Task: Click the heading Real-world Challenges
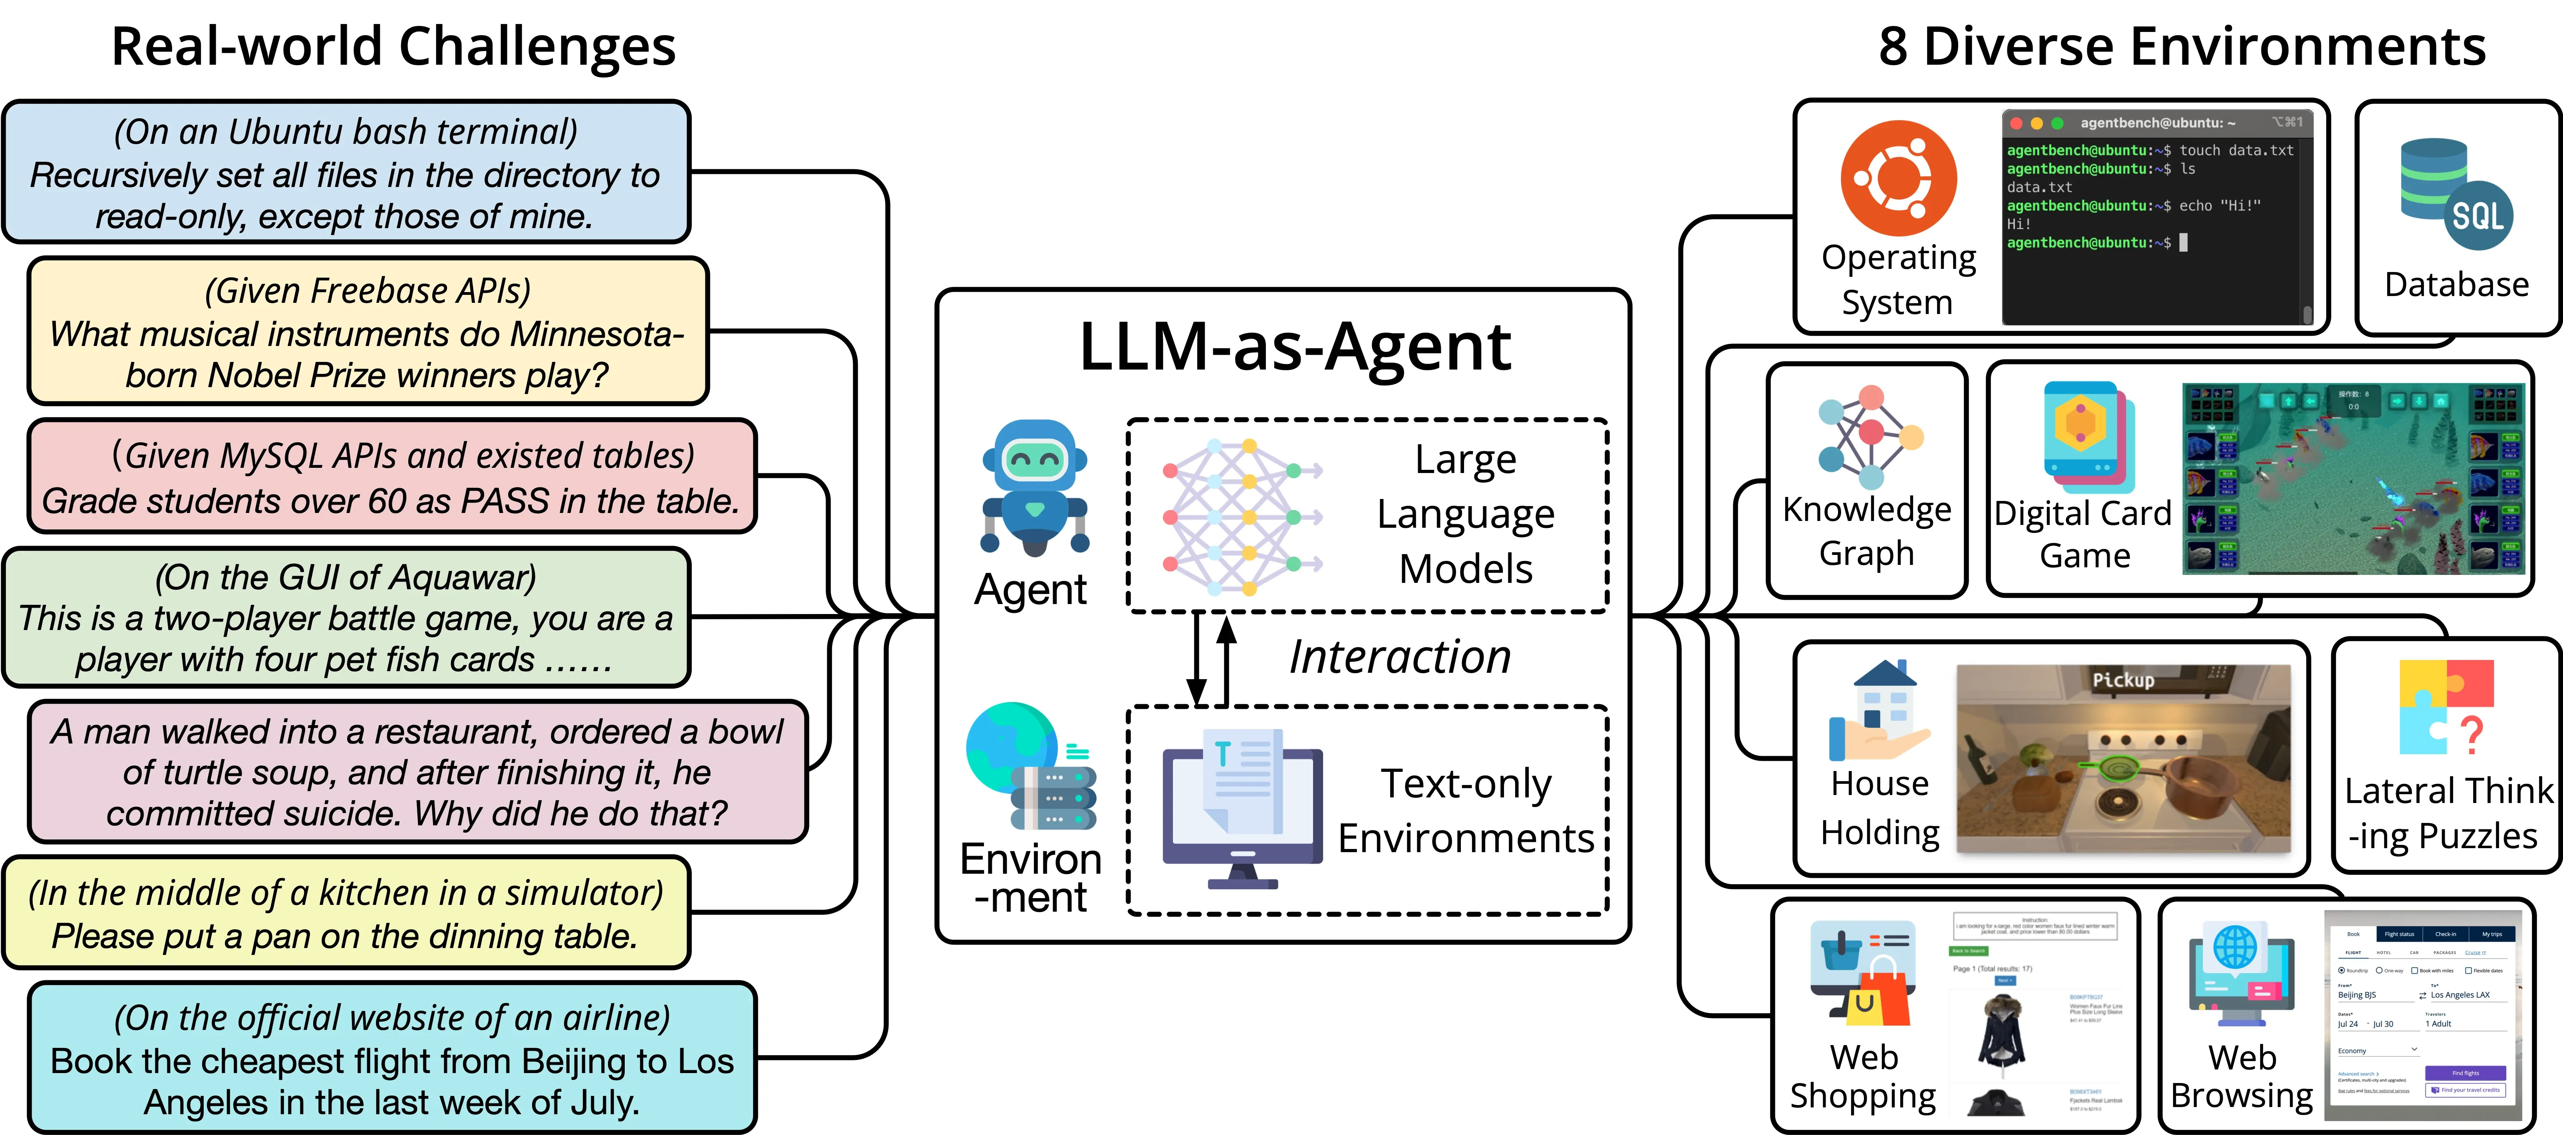tap(393, 47)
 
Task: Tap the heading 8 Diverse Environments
tap(2181, 47)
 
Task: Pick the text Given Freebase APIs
tap(368, 290)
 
